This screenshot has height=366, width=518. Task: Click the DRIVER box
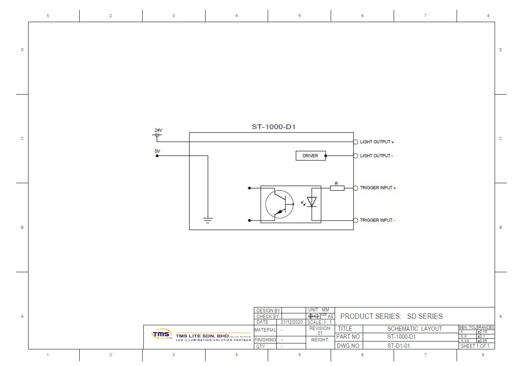click(310, 156)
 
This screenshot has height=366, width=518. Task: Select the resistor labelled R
click(337, 188)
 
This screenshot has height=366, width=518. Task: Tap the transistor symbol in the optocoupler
click(279, 204)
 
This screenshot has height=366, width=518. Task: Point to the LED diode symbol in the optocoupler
click(312, 202)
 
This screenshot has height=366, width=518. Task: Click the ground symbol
click(208, 220)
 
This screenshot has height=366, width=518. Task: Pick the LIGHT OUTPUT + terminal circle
click(356, 142)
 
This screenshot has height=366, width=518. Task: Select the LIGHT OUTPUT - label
click(376, 156)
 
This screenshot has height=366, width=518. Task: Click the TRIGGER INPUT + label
click(378, 188)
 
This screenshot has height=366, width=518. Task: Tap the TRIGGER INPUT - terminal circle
click(356, 220)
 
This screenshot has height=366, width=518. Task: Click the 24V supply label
click(158, 130)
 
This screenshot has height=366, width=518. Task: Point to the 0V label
click(157, 151)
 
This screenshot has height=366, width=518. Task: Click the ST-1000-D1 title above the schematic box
click(274, 127)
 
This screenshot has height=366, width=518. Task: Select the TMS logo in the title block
click(160, 334)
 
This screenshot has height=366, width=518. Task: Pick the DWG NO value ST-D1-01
click(398, 346)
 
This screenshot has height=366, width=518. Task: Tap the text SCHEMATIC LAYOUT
click(414, 329)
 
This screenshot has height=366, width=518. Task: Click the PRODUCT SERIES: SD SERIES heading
click(391, 316)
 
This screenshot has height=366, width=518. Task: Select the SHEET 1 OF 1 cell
click(475, 346)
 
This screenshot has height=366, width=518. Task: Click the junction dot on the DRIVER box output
click(326, 156)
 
